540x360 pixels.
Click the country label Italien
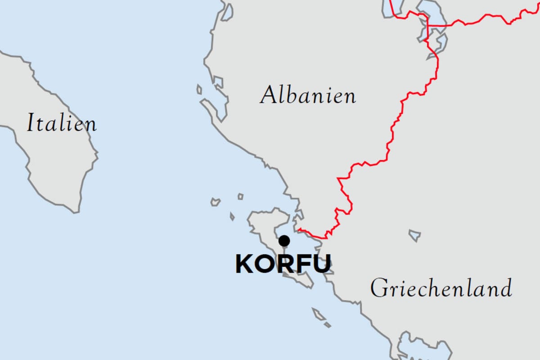62,123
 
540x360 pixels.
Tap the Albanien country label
308,96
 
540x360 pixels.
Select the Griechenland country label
441,288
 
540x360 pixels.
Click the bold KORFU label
283,264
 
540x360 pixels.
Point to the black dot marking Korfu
284,241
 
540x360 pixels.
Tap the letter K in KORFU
244,264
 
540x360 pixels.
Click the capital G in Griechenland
379,288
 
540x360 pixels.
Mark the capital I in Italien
31,123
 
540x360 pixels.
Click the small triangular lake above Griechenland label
415,235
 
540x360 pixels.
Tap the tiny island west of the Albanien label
199,90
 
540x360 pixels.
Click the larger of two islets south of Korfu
319,314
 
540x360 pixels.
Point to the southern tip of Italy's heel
76,209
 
